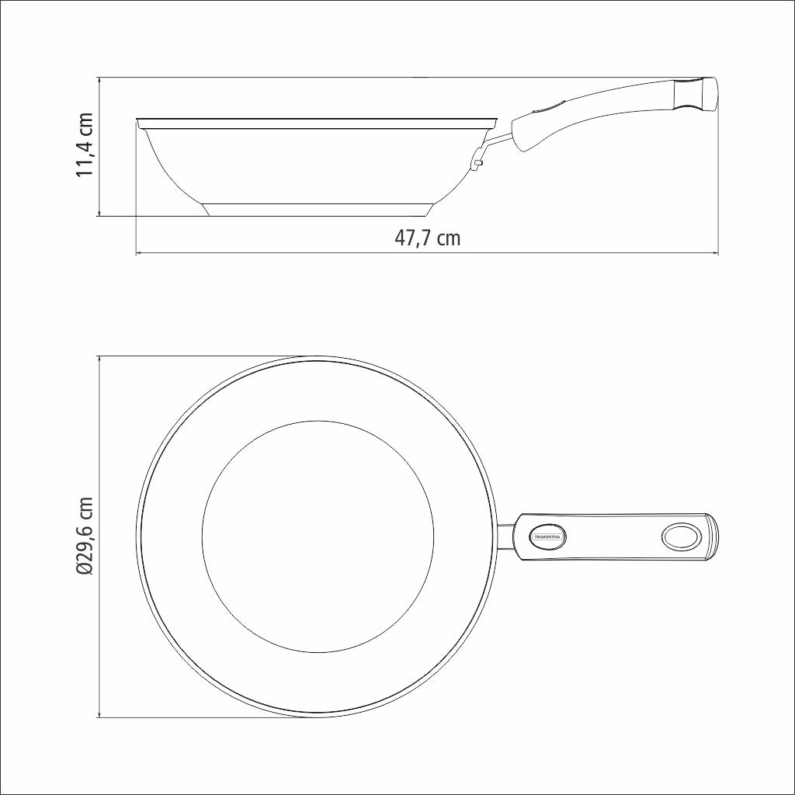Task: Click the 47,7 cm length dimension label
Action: (x=427, y=238)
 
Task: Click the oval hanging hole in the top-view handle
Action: (x=680, y=536)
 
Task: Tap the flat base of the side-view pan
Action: (x=318, y=210)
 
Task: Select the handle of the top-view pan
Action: (x=613, y=536)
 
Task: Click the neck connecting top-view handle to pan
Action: (x=504, y=536)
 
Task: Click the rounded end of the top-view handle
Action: (x=712, y=536)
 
